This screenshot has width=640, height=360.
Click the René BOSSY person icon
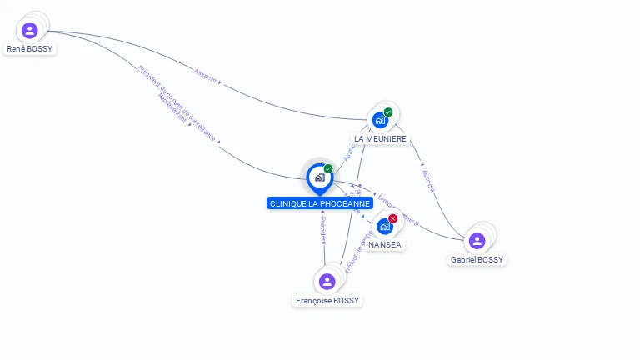[30, 31]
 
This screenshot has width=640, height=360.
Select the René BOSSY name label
[30, 49]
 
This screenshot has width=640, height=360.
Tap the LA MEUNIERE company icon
[380, 120]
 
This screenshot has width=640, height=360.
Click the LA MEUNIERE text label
[381, 138]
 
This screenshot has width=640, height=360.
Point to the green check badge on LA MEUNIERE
[388, 112]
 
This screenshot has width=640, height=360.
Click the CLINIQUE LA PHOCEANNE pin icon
[319, 177]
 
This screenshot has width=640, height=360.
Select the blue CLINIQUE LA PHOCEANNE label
[320, 203]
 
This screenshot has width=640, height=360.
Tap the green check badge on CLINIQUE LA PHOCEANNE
[328, 169]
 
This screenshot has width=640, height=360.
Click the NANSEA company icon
[384, 226]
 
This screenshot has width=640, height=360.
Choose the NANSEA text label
[384, 245]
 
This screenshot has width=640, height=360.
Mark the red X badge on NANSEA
[393, 218]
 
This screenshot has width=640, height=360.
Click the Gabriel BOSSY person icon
[477, 241]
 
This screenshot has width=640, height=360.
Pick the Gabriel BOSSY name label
[477, 260]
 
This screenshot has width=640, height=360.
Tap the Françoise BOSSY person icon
[327, 282]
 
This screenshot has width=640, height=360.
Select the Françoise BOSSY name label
[328, 301]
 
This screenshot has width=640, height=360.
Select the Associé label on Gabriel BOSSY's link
[428, 181]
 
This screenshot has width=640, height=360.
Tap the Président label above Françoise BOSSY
[322, 229]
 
